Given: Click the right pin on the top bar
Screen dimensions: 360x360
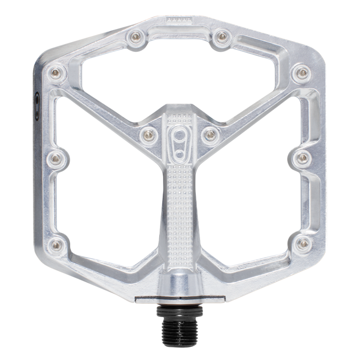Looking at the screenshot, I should (221, 36).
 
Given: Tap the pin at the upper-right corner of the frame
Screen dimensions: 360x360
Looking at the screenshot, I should (301, 72).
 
